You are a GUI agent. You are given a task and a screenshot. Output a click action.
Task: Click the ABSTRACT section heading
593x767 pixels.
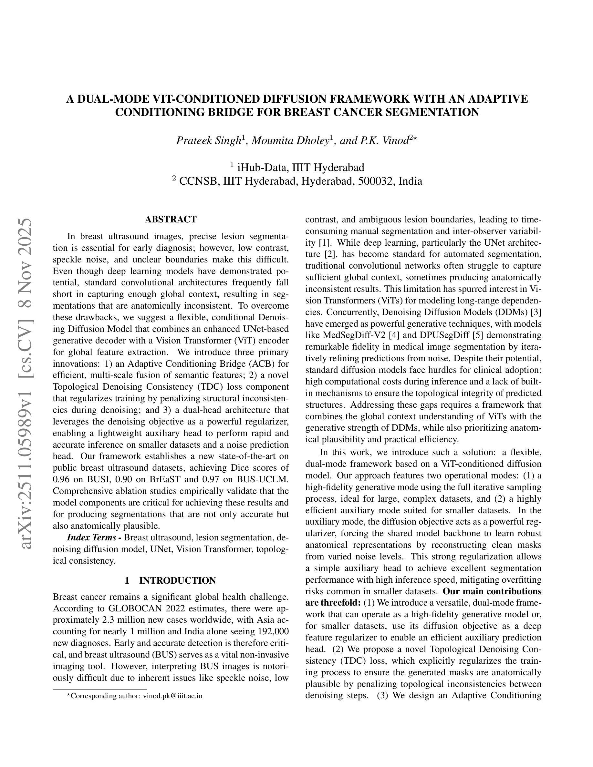[x=171, y=220]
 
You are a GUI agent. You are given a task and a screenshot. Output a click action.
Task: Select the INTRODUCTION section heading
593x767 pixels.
[x=177, y=580]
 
